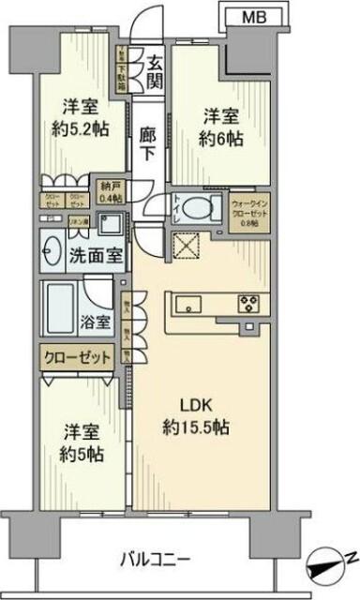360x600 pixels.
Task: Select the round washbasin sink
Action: (54, 252)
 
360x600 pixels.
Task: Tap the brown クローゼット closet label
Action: (77, 357)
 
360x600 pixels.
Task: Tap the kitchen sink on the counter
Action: (185, 304)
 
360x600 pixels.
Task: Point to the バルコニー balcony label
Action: (155, 562)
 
